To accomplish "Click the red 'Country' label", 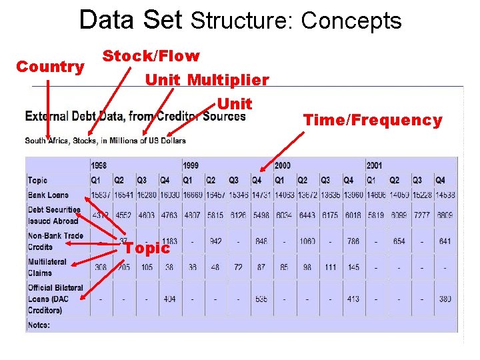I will [x=50, y=67].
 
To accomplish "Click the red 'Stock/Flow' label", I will [x=151, y=56].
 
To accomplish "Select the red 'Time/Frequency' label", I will [x=373, y=120].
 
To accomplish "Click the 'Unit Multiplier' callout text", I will [x=207, y=80].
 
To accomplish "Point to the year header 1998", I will [x=99, y=165].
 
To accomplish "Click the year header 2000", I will [x=282, y=165].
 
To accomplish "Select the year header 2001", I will [x=375, y=165].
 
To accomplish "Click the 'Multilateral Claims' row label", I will [x=47, y=267].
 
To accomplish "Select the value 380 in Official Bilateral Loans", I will [x=445, y=299].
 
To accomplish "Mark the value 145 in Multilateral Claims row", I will [x=353, y=267].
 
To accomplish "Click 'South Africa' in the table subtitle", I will [x=45, y=141].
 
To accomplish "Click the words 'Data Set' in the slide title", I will [x=130, y=21].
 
